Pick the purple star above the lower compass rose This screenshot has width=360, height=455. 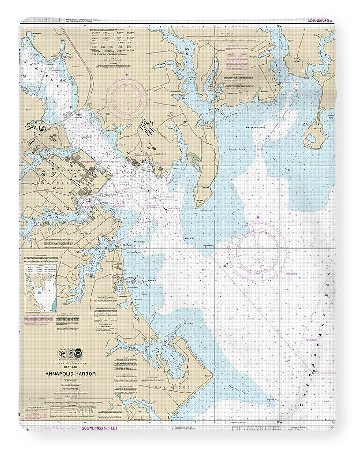pyautogui.click(x=258, y=219)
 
